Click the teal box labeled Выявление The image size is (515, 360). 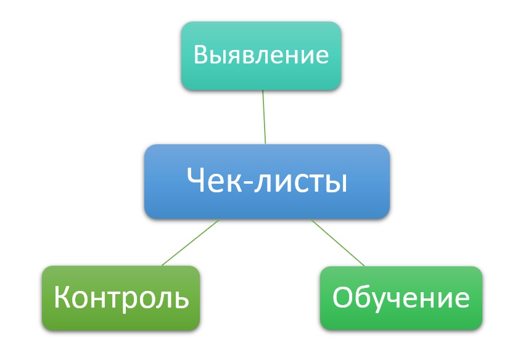pos(261,56)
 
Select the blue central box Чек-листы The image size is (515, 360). pos(267,181)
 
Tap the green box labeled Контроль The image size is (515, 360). pos(121,298)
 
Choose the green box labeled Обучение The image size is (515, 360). pos(401,298)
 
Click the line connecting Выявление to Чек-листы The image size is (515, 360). pos(264,117)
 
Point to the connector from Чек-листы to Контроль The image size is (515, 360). pos(191,242)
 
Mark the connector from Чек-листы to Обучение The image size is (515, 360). pos(337,242)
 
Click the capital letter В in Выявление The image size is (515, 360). pos(201,54)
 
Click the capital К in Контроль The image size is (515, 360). pos(62,297)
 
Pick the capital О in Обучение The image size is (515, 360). pos(343,297)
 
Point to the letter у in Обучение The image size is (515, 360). pos(378,301)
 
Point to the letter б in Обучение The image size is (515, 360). pos(363,297)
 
